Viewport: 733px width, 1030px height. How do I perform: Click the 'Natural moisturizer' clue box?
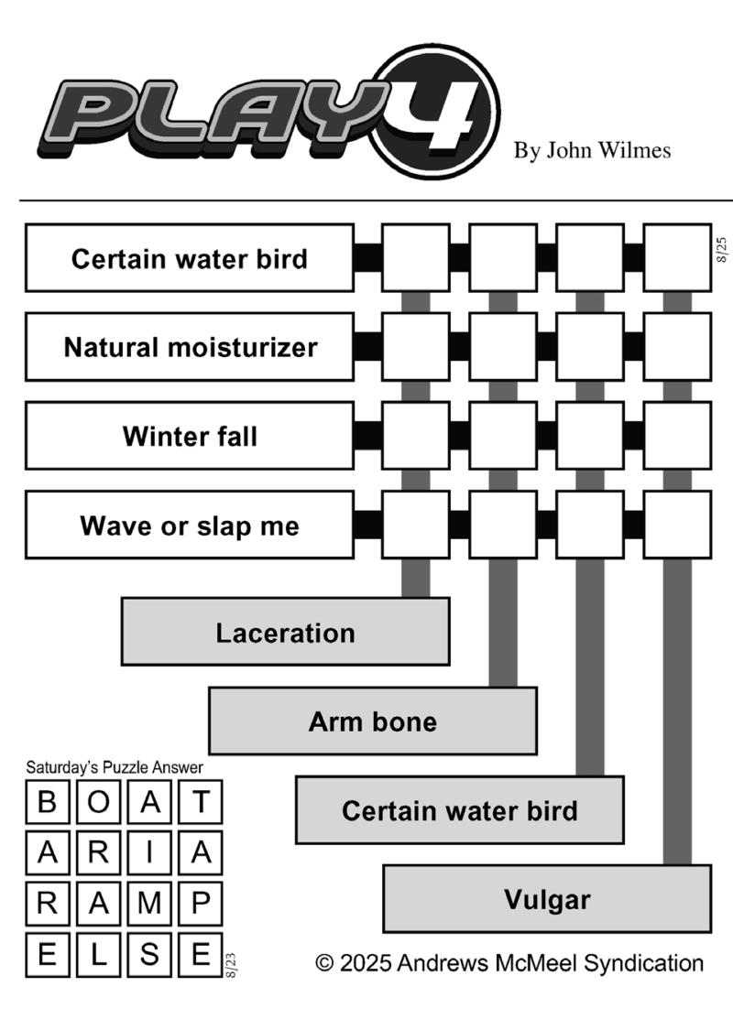[190, 347]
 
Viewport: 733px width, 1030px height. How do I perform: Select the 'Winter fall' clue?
[190, 436]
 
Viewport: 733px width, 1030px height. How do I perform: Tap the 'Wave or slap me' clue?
[190, 525]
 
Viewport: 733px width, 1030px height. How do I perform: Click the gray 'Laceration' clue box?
[285, 632]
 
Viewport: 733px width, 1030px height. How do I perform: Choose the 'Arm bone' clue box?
[373, 721]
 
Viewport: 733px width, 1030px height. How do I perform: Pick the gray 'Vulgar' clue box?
[547, 899]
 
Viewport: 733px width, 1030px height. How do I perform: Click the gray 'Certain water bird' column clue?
[460, 810]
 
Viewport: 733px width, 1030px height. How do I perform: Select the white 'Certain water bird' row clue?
[190, 258]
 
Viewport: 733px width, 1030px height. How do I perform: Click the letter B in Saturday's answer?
[48, 802]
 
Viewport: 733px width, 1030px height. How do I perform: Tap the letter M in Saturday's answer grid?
[149, 904]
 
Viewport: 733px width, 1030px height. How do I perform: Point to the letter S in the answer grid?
[149, 954]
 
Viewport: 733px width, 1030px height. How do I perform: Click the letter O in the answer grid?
[99, 802]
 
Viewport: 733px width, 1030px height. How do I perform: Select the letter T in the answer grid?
[201, 802]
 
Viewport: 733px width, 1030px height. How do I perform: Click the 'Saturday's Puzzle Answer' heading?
[115, 767]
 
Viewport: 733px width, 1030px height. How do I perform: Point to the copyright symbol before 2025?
[324, 964]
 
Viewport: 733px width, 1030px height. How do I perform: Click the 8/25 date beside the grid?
[722, 250]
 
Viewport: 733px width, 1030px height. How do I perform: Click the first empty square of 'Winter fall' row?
[415, 436]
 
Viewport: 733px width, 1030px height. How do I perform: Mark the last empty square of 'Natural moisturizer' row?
[677, 347]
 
